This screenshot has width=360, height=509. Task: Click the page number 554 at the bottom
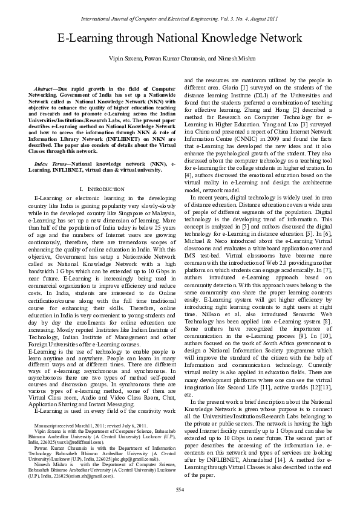click(180, 489)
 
